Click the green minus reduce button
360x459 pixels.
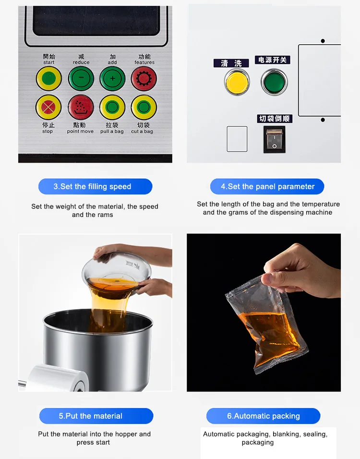pos(81,78)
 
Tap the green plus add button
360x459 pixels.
pos(112,78)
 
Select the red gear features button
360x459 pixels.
pos(144,78)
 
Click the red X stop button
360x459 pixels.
pos(48,108)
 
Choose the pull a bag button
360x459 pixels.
pos(112,108)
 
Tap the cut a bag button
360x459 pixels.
pos(144,108)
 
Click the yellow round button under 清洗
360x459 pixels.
pos(237,82)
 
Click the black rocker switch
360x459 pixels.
pos(274,139)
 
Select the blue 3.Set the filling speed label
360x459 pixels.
pos(96,186)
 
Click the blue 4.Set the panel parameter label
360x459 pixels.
pos(267,186)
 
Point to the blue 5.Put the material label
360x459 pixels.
pos(96,416)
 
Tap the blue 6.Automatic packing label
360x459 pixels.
pos(263,416)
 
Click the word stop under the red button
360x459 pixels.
pos(48,132)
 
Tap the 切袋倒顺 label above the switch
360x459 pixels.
pos(275,119)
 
